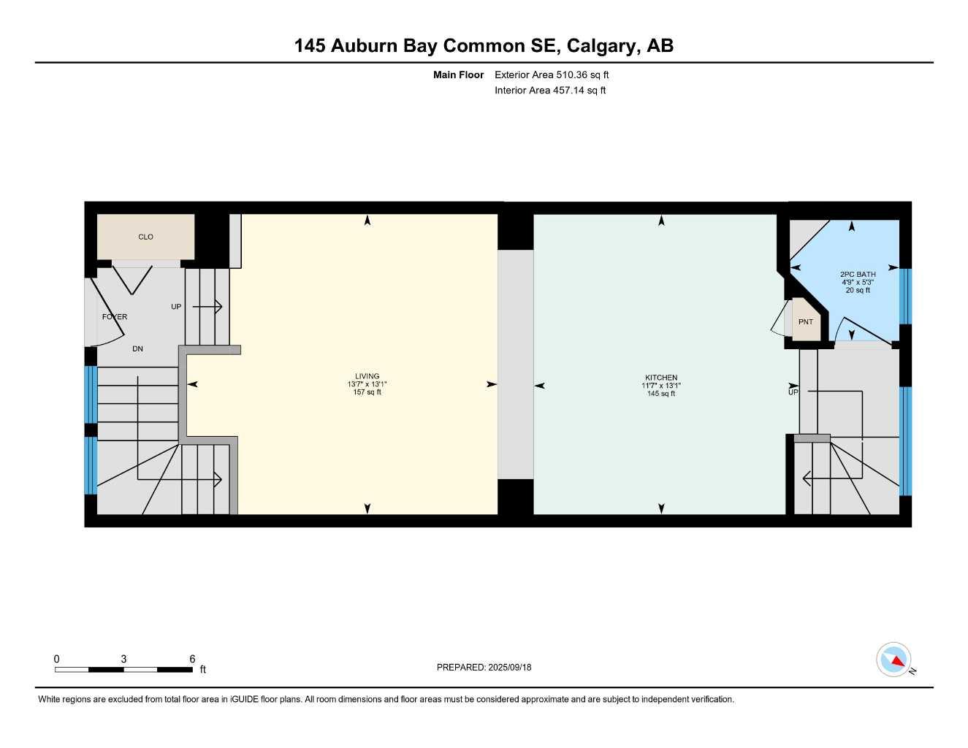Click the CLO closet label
[145, 237]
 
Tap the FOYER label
[115, 316]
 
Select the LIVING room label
[367, 376]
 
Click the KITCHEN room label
[661, 378]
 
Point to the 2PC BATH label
[858, 274]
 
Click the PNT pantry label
[805, 321]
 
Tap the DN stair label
[137, 348]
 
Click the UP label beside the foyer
[176, 306]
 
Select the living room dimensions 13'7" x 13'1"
[367, 383]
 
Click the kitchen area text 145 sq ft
[661, 394]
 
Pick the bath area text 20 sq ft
[858, 290]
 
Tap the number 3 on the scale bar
[123, 658]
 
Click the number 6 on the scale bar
[192, 658]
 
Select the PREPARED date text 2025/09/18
[510, 667]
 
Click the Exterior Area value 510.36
[571, 75]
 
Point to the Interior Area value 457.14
[568, 91]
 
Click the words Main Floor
[458, 75]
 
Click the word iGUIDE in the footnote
[244, 699]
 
